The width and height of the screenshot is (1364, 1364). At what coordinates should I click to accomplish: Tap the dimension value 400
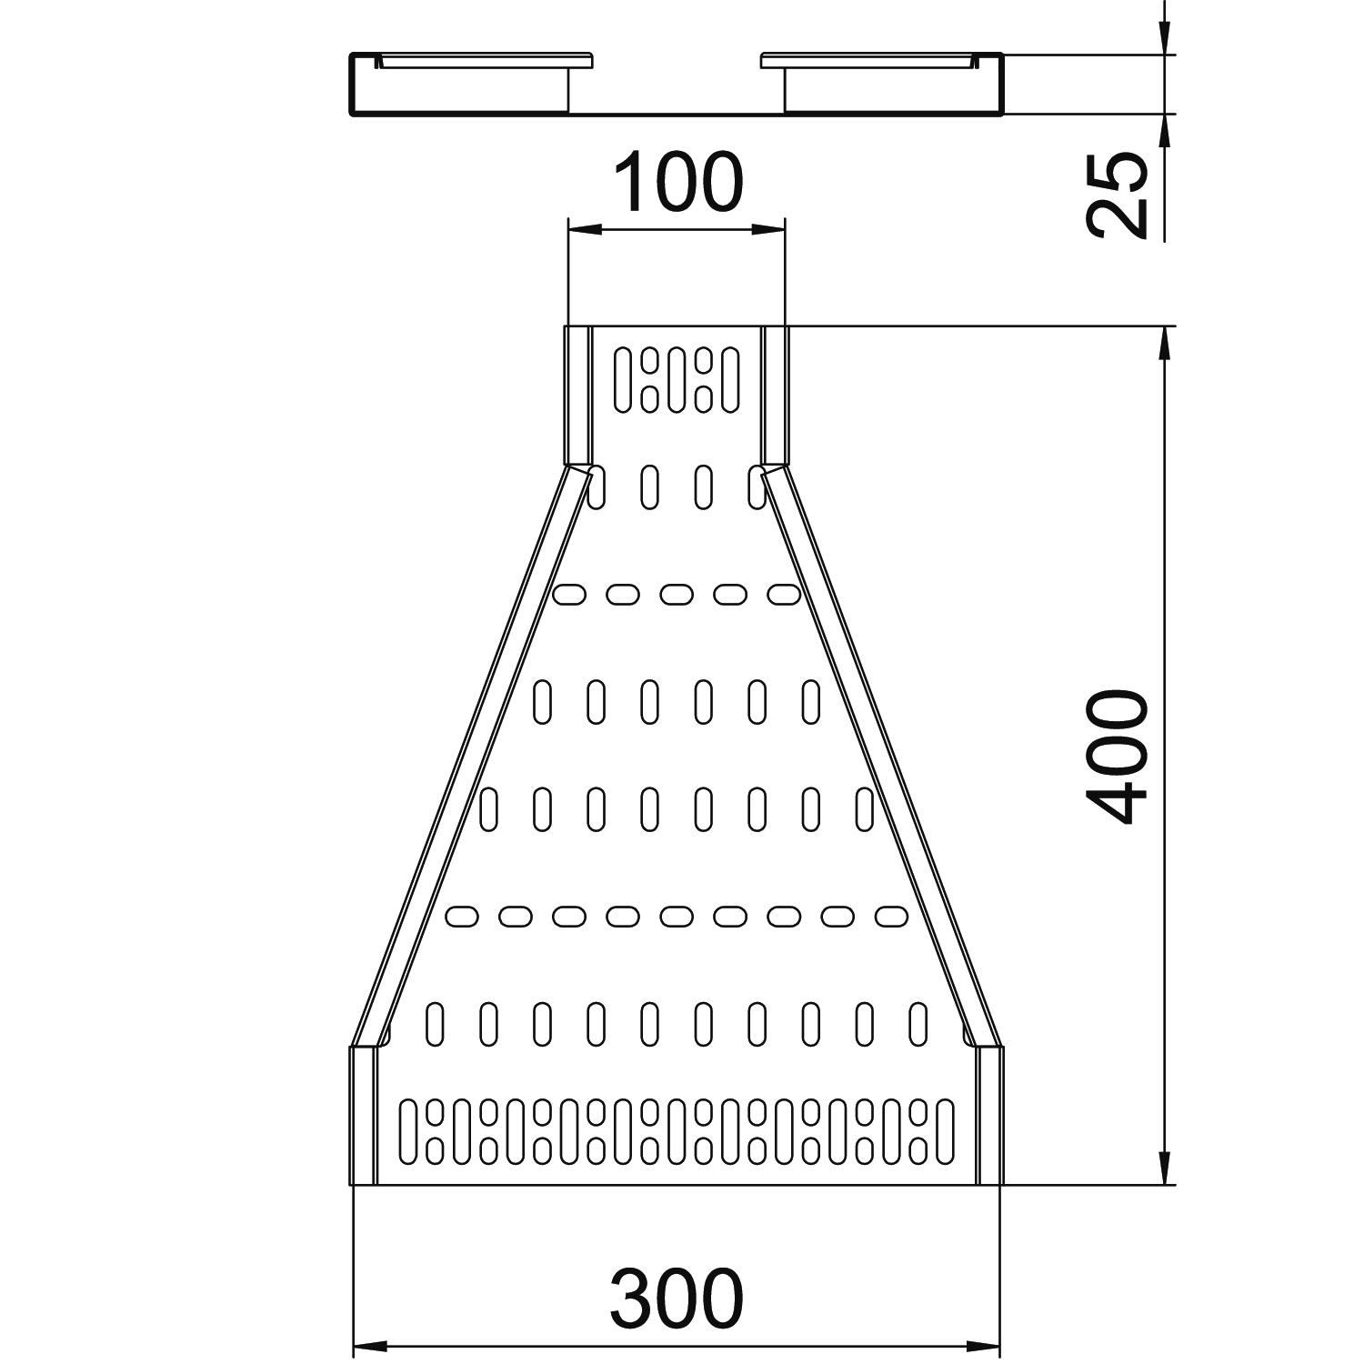[x=1118, y=757]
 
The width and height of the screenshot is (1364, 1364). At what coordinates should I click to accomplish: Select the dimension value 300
[x=677, y=1298]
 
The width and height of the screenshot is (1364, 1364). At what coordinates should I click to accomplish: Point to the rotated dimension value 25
[x=1118, y=195]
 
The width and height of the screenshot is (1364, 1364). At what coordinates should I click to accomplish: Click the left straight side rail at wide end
[x=363, y=1116]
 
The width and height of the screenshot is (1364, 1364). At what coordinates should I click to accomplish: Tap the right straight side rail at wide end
[x=989, y=1116]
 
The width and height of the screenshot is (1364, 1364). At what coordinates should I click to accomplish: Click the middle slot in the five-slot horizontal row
[x=676, y=595]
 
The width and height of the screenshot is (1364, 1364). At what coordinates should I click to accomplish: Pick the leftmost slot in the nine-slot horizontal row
[x=462, y=917]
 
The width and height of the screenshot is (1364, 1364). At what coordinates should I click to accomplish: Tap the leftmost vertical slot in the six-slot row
[x=542, y=702]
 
